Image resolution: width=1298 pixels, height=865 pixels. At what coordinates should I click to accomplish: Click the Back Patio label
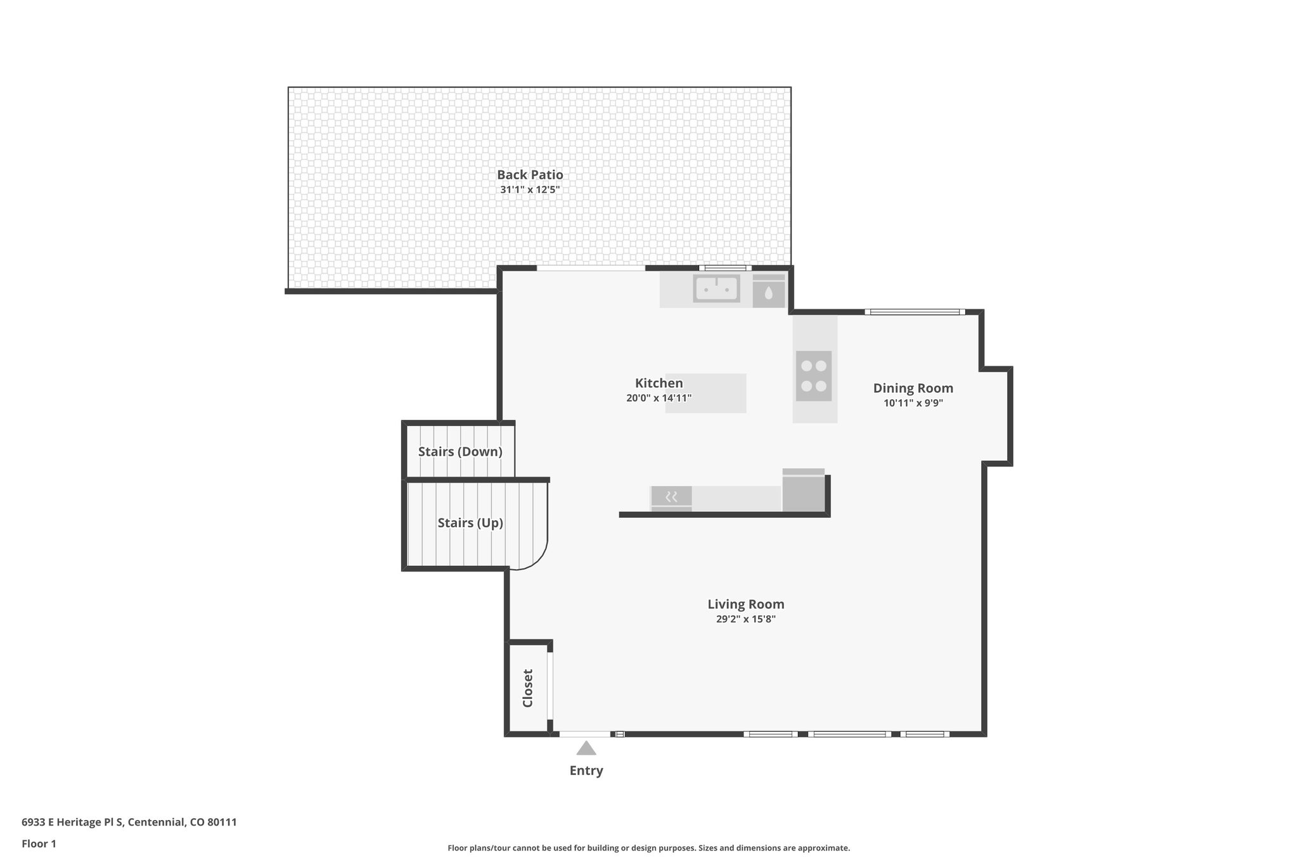click(x=530, y=175)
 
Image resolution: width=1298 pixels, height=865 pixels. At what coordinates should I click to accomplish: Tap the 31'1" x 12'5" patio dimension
click(x=530, y=189)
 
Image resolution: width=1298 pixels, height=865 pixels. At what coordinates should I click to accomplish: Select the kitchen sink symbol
click(x=716, y=288)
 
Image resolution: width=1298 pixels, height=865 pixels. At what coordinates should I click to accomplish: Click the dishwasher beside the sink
click(x=768, y=292)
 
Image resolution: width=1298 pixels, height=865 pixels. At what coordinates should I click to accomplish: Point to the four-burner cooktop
click(x=813, y=376)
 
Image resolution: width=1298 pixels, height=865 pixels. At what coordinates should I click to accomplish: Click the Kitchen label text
click(x=659, y=383)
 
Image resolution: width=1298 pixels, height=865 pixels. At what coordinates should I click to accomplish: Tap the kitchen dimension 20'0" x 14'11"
click(x=659, y=399)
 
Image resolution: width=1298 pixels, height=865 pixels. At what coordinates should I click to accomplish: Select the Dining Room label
click(x=913, y=388)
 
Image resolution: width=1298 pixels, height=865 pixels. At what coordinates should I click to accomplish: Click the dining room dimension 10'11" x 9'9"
click(x=913, y=403)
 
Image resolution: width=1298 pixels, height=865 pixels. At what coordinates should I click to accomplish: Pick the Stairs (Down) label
click(x=460, y=452)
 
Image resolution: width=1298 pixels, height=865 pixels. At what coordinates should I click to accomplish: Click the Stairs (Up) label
click(x=470, y=523)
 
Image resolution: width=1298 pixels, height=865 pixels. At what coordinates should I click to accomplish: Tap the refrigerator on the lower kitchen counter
click(x=804, y=491)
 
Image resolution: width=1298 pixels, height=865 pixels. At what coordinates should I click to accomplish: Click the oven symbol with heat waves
click(x=671, y=497)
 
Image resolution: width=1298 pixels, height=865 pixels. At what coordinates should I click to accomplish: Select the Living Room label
click(x=746, y=605)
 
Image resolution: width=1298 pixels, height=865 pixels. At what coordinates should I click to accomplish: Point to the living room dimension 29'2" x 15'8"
click(x=746, y=619)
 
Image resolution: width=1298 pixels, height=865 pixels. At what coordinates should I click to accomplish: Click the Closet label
click(x=527, y=688)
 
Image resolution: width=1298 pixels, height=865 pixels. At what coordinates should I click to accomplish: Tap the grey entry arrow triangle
click(x=586, y=749)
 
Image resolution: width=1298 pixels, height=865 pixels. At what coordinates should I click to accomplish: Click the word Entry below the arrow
click(x=586, y=771)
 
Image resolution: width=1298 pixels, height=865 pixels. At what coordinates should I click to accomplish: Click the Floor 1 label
click(x=39, y=843)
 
